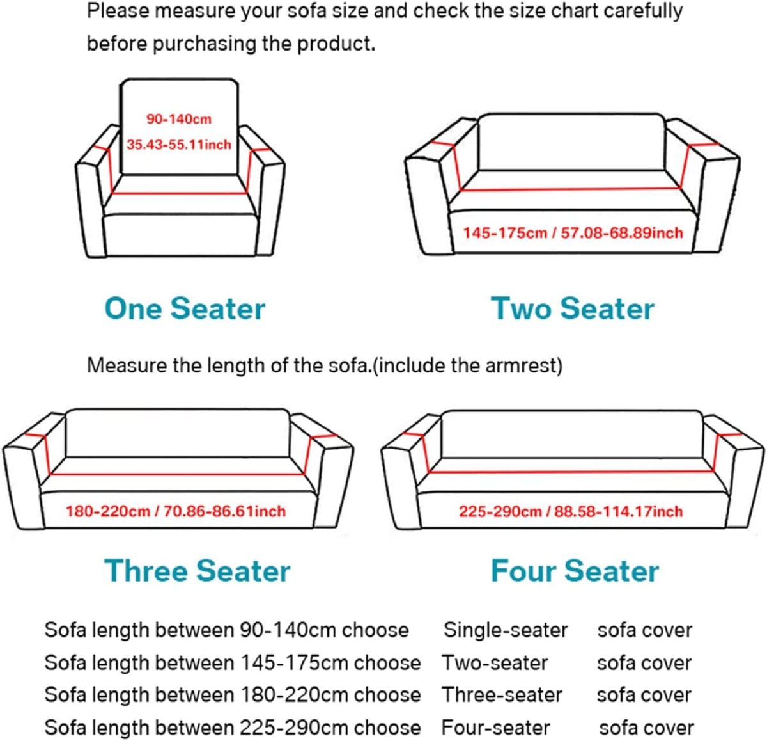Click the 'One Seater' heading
185,308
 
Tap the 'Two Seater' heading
573,308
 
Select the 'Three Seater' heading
197,571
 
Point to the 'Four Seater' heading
575,571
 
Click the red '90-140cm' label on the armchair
178,119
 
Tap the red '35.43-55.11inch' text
178,145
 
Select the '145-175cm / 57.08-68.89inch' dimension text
573,233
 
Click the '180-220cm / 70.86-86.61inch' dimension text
175,511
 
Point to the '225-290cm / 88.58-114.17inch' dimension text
571,511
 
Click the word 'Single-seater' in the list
506,630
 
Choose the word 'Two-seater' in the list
495,663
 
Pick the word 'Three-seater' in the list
502,695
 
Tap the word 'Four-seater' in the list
496,728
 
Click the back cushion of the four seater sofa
572,434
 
